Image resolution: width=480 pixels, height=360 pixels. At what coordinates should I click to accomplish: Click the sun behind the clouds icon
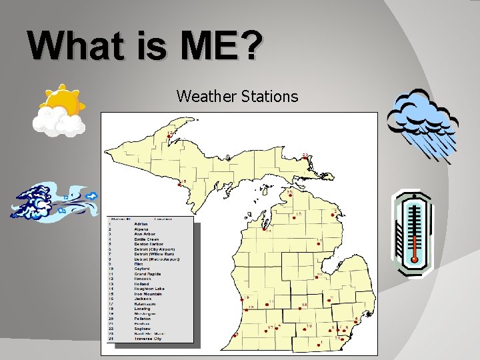coord(60,110)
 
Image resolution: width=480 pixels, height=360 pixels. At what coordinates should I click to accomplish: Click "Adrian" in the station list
coord(141,224)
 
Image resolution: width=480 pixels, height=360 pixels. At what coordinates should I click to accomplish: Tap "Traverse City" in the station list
coord(147,339)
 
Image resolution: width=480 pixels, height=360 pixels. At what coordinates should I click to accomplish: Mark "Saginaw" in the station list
coord(143,329)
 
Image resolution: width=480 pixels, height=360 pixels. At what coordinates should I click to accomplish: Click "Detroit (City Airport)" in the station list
coord(155,249)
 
